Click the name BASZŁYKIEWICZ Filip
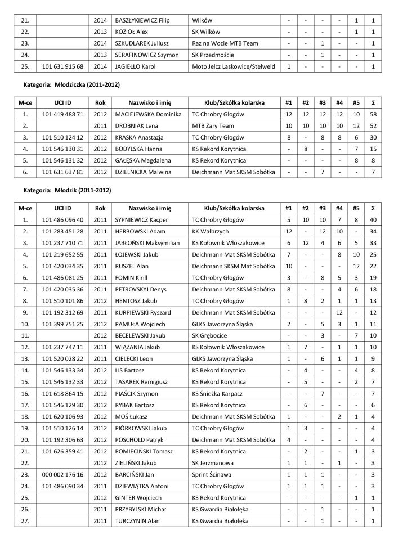(141, 20)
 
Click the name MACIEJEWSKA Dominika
(146, 114)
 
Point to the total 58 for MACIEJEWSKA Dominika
(374, 114)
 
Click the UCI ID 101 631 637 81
(63, 172)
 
